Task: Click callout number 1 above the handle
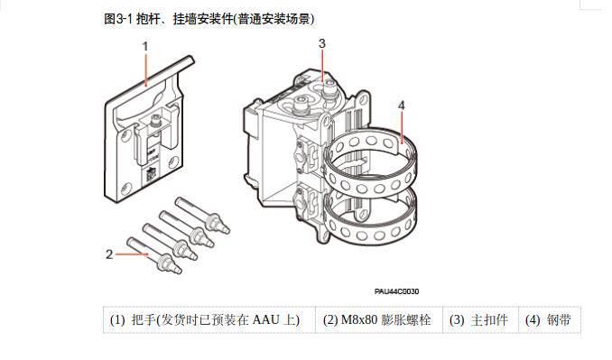tap(145, 47)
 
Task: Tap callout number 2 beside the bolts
tap(109, 254)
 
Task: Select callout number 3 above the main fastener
tap(322, 43)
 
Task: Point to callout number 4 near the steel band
tap(402, 106)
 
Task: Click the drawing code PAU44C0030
tap(396, 291)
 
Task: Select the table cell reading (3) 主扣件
tap(480, 319)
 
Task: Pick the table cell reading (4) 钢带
tap(550, 319)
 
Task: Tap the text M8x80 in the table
tap(359, 319)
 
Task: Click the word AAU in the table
tap(266, 319)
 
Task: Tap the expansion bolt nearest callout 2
tap(154, 256)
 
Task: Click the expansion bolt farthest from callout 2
tap(202, 216)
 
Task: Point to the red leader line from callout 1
tap(146, 69)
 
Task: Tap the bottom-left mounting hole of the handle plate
tap(125, 188)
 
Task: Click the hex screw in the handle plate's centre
tap(156, 121)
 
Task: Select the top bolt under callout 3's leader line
tap(327, 87)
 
